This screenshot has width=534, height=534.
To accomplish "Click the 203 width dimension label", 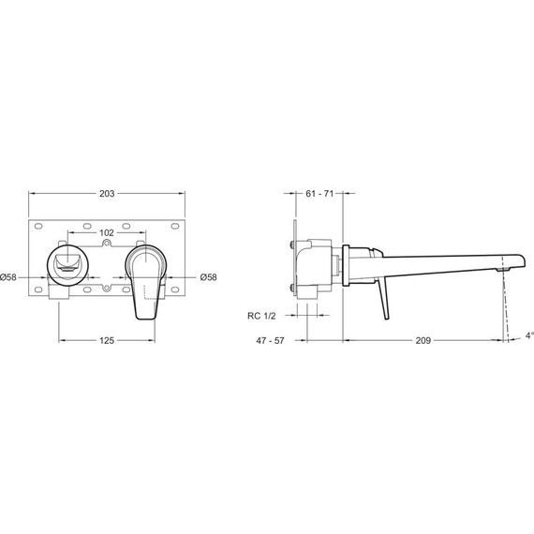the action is tap(107, 193).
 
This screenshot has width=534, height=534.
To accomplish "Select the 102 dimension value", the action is tap(107, 232).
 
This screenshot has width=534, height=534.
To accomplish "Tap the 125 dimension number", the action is tap(107, 340).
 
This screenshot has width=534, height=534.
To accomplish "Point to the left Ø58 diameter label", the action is tap(8, 277).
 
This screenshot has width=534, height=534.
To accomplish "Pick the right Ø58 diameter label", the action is tap(208, 277).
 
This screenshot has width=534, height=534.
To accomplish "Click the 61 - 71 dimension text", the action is tap(319, 193).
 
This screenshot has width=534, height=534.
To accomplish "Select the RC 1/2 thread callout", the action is tap(261, 316).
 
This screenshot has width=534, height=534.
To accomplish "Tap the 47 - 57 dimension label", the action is tap(270, 341).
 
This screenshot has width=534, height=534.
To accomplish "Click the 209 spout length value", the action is tap(423, 340).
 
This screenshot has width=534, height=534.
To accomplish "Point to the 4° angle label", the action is tap(529, 335).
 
